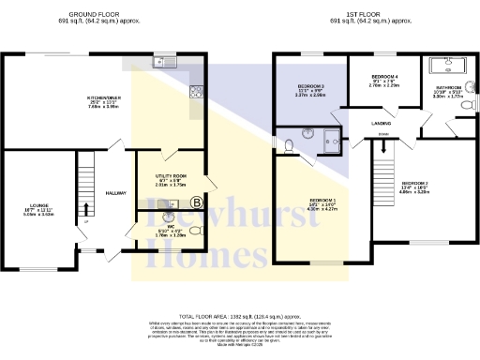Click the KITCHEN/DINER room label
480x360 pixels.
[x=107, y=97]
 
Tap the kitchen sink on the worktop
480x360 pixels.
[x=163, y=64]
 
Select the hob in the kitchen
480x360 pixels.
[x=197, y=91]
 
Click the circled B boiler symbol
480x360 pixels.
[x=196, y=202]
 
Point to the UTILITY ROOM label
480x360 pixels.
[x=172, y=175]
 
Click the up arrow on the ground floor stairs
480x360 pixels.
[x=86, y=208]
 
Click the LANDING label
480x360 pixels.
[x=381, y=123]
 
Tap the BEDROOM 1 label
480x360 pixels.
[x=323, y=201]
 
